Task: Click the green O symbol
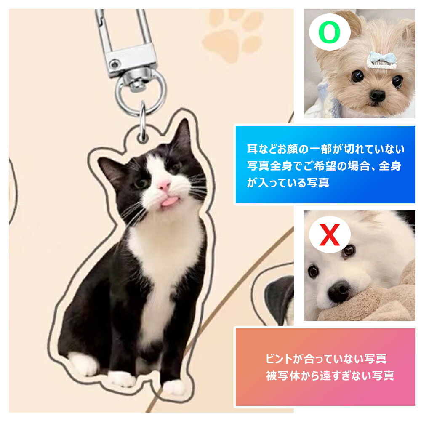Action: pyautogui.click(x=330, y=32)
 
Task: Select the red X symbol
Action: pyautogui.click(x=330, y=235)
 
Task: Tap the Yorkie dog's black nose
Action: pyautogui.click(x=377, y=95)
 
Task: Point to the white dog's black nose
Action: pyautogui.click(x=339, y=291)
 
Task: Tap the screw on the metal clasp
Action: pyautogui.click(x=115, y=64)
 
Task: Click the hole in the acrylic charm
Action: pyautogui.click(x=142, y=138)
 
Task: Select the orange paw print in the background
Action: pyautogui.click(x=232, y=35)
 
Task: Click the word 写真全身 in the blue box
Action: pyautogui.click(x=269, y=166)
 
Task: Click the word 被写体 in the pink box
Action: pyautogui.click(x=283, y=376)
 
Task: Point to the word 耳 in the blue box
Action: pyautogui.click(x=252, y=149)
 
